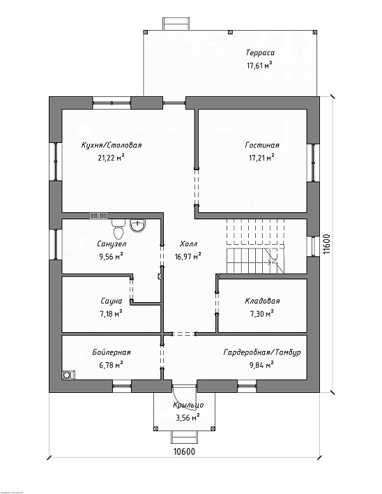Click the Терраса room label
260,53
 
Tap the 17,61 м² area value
259,65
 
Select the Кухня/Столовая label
112,145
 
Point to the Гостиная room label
262,145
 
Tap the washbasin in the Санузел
137,225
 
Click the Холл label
188,244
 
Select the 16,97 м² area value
188,257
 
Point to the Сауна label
112,301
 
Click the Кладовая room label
262,301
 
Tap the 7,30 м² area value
261,313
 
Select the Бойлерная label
112,352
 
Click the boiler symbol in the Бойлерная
68,375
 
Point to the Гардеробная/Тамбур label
262,352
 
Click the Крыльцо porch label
188,405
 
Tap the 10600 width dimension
185,451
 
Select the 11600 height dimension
327,244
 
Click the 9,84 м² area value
261,365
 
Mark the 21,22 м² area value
111,157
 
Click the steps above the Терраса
176,24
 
